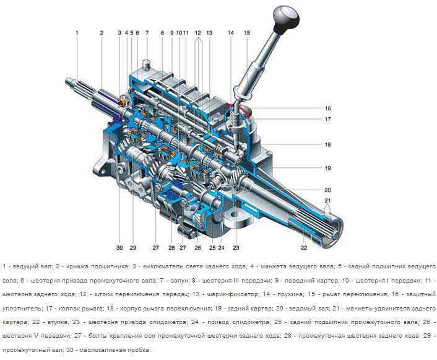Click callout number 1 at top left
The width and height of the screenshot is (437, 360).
point(77,33)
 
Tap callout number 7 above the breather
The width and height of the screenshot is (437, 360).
point(147,33)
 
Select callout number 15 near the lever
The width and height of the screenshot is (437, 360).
point(247,33)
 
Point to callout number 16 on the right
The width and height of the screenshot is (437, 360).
point(327,108)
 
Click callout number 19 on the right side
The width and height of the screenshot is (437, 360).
point(327,168)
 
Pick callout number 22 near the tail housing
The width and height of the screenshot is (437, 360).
point(304,247)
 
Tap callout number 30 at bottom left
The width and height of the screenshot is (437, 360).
point(119,247)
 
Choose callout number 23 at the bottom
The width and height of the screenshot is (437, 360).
point(236,247)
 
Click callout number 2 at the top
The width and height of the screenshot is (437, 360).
point(102,33)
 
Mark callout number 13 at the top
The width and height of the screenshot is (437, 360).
point(209,33)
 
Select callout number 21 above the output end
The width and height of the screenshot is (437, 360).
point(327,200)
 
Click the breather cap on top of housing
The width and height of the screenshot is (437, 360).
point(146,65)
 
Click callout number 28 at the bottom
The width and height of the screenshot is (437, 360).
point(171,247)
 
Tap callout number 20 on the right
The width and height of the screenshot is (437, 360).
point(327,190)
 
